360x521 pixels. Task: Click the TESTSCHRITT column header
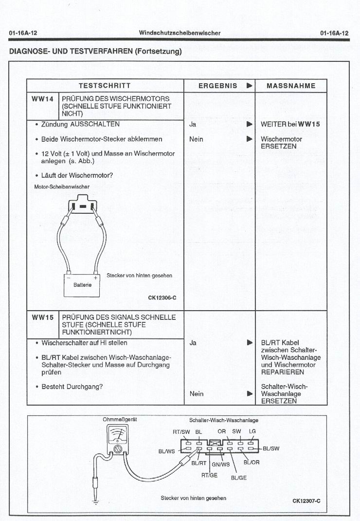click(x=105, y=86)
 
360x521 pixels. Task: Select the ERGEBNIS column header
click(x=218, y=86)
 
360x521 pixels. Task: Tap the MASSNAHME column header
click(x=291, y=86)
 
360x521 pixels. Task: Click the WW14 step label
click(x=42, y=99)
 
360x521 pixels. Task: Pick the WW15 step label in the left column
click(x=42, y=317)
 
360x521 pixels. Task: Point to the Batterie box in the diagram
click(x=82, y=285)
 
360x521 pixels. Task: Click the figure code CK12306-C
click(x=162, y=298)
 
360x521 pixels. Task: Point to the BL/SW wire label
click(x=271, y=448)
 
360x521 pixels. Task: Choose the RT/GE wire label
click(x=209, y=475)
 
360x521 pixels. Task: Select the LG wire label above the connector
click(x=252, y=431)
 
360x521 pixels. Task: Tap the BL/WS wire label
click(x=166, y=451)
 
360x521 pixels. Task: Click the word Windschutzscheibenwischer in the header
click(x=180, y=33)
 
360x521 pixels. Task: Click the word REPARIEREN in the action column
click(x=283, y=372)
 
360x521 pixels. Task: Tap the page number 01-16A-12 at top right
click(x=335, y=33)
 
